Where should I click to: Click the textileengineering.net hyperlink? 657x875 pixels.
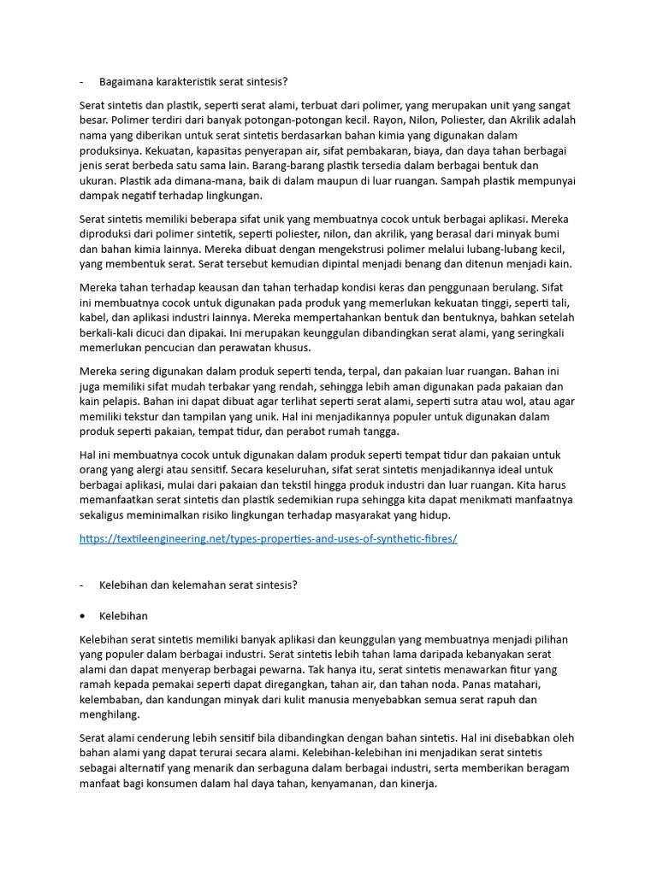[x=268, y=539]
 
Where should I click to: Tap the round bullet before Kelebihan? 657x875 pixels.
[x=82, y=615]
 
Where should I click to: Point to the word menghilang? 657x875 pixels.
[x=109, y=714]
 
